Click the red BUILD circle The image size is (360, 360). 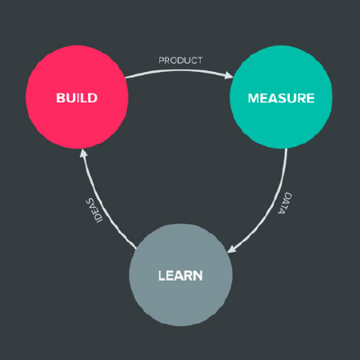point(77,97)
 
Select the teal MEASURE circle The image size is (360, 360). point(281,97)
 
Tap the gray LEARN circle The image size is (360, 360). point(181,274)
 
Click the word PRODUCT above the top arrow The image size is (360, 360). point(181,60)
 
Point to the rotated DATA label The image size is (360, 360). point(284,202)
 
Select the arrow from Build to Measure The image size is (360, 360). point(179,70)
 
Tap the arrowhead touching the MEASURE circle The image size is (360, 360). point(229,75)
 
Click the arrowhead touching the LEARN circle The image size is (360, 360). point(232,248)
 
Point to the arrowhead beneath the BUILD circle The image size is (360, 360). point(84,153)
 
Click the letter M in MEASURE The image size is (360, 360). point(254,98)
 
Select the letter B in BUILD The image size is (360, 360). point(60,98)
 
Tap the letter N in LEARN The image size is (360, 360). point(198,275)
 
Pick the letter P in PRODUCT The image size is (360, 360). point(161,60)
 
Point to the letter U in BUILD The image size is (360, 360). point(71,98)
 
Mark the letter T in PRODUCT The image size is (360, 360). point(199,60)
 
